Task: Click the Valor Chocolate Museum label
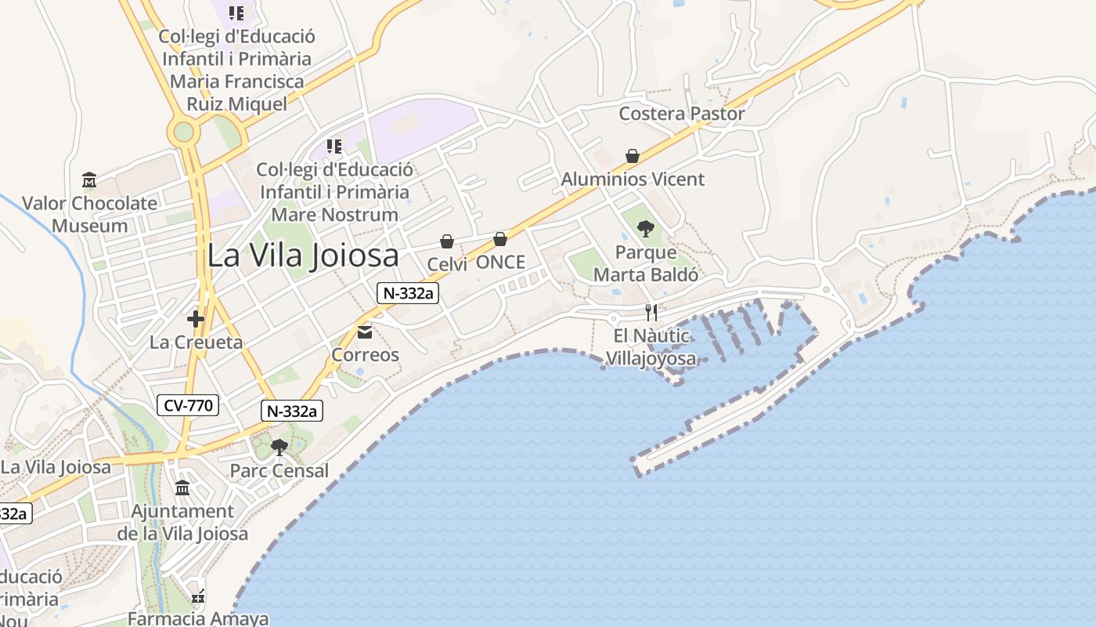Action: click(x=89, y=214)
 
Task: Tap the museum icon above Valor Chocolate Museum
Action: click(x=88, y=180)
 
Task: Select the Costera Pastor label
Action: click(x=682, y=114)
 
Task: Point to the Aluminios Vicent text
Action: click(x=633, y=179)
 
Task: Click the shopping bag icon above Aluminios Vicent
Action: click(x=633, y=157)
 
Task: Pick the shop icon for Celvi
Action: click(x=447, y=241)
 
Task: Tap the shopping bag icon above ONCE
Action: click(x=500, y=239)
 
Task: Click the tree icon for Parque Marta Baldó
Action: click(x=646, y=229)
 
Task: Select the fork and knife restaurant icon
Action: click(x=651, y=313)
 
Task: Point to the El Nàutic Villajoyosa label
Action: click(x=651, y=347)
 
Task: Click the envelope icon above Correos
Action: click(x=365, y=332)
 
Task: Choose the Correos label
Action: click(x=365, y=355)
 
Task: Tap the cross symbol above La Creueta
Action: click(x=196, y=319)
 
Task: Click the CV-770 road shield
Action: click(x=188, y=405)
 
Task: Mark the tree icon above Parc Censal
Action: click(x=279, y=448)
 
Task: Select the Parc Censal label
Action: click(x=279, y=471)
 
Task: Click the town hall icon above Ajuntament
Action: click(x=182, y=488)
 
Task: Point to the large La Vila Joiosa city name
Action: click(x=303, y=256)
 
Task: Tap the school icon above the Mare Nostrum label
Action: click(x=334, y=147)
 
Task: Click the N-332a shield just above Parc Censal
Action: click(x=292, y=411)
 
